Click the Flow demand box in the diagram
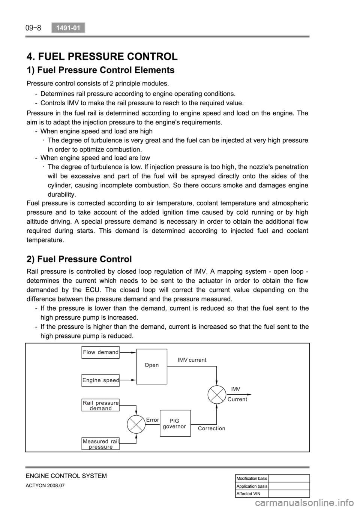pyautogui.click(x=100, y=352)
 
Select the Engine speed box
pyautogui.click(x=100, y=380)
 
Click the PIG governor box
pyautogui.click(x=175, y=423)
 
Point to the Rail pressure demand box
pyautogui.click(x=100, y=405)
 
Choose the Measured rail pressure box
pyautogui.click(x=100, y=444)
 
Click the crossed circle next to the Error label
pyautogui.click(x=136, y=424)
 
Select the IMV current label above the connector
pyautogui.click(x=192, y=360)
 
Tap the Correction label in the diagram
pyautogui.click(x=211, y=428)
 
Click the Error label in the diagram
pyautogui.click(x=153, y=420)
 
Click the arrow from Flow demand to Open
pyautogui.click(x=128, y=353)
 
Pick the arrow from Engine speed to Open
pyautogui.click(x=128, y=380)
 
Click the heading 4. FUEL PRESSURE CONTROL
pyautogui.click(x=102, y=57)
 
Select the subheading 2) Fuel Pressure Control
pyautogui.click(x=79, y=259)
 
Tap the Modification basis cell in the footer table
pyautogui.click(x=252, y=478)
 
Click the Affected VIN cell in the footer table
pyautogui.click(x=252, y=494)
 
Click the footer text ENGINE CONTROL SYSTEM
pyautogui.click(x=66, y=476)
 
